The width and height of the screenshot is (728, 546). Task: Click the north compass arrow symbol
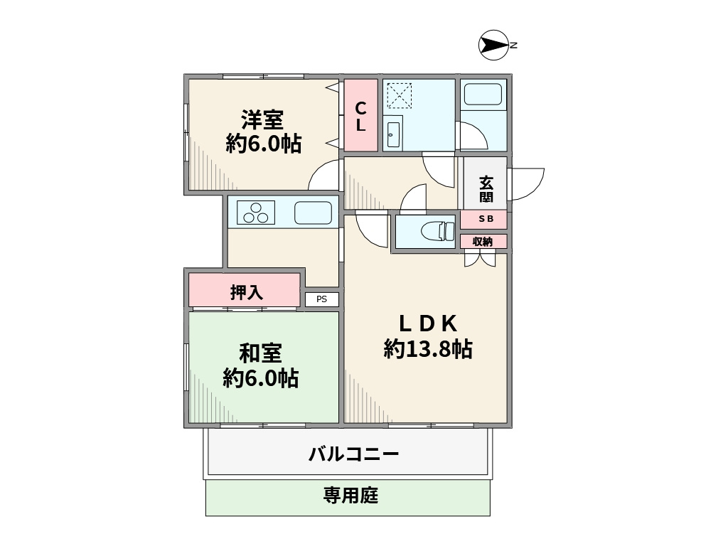tap(493, 45)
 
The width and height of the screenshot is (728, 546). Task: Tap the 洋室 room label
tap(263, 117)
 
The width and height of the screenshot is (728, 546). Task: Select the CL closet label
tap(361, 116)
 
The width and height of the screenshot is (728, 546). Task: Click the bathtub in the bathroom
tap(482, 95)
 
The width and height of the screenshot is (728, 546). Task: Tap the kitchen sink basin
tap(313, 212)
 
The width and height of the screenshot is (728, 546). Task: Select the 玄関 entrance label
tap(486, 189)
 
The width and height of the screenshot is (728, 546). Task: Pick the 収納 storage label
tap(483, 242)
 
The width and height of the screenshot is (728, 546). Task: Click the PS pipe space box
tap(322, 299)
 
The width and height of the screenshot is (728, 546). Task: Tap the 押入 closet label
tap(246, 291)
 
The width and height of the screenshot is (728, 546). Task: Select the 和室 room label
tap(260, 353)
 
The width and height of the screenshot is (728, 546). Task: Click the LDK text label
tap(427, 323)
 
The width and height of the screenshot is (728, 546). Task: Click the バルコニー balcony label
tap(353, 454)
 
